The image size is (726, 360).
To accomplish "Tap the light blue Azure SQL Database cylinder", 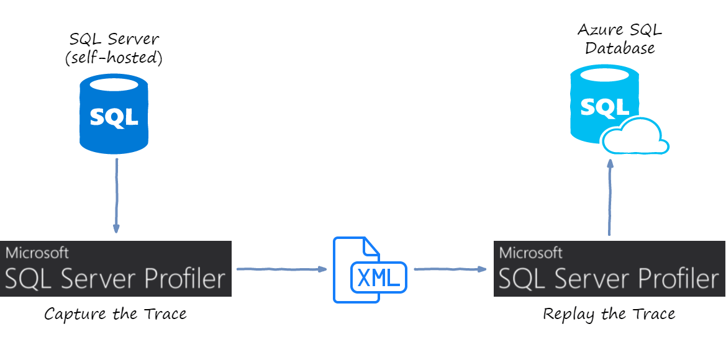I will (x=604, y=103).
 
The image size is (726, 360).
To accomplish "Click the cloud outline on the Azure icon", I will (x=635, y=138).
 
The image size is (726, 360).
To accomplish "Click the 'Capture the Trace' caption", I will (x=116, y=314).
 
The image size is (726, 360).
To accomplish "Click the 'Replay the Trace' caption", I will (x=609, y=314).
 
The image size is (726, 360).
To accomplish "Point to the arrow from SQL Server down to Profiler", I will (x=116, y=196).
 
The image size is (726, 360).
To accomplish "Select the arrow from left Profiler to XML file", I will (x=281, y=269).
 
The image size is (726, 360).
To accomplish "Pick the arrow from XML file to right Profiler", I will (x=450, y=269).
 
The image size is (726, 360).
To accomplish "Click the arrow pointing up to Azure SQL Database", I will (x=610, y=196).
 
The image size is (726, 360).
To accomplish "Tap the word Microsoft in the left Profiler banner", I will (x=37, y=253).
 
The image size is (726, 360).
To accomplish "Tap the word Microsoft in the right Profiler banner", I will (x=531, y=253).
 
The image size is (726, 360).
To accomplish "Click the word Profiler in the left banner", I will (x=184, y=279).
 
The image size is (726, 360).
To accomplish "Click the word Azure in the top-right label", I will (x=599, y=29).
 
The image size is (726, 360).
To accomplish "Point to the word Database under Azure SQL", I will (x=620, y=48).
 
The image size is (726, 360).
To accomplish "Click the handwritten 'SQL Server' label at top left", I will (x=114, y=39).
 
